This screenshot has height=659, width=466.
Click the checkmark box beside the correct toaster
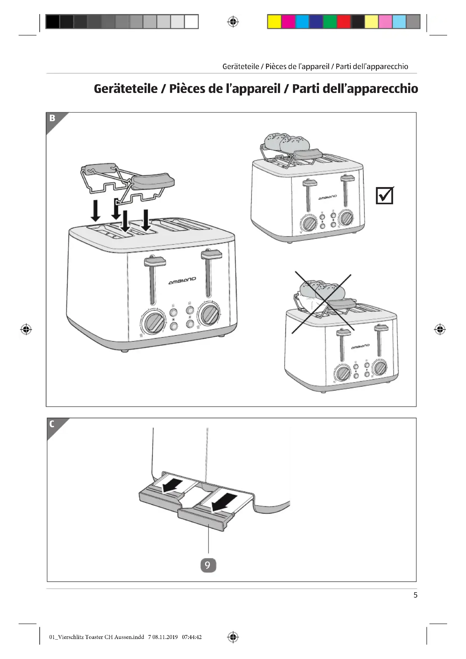pos(384,196)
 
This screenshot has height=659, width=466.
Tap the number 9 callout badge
pos(208,565)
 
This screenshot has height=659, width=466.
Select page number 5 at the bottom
pos(415,595)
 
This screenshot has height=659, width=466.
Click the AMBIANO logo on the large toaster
pos(182,281)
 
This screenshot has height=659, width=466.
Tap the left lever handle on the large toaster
pos(155,261)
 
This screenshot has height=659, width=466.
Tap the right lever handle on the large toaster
pos(212,254)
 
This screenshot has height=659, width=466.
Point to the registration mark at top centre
pos(233,22)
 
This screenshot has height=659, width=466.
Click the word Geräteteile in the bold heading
pos(126,89)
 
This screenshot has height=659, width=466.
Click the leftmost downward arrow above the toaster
pos(96,211)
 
